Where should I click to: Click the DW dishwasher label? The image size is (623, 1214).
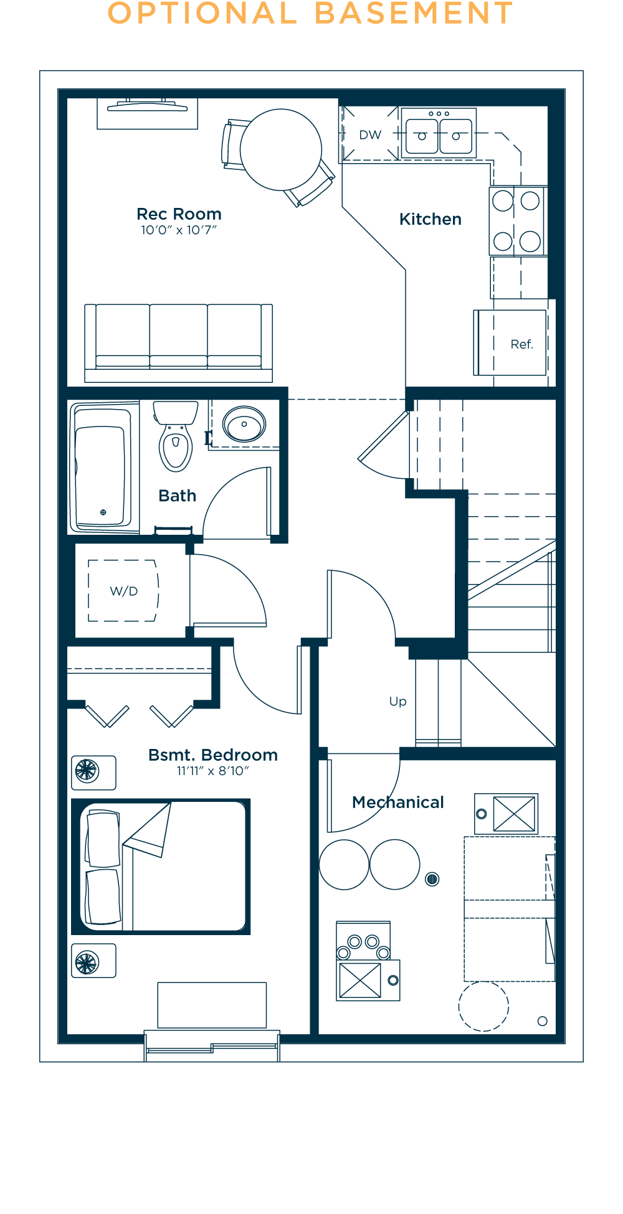370,135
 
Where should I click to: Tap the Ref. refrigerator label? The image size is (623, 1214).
521,344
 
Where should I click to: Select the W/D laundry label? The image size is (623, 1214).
123,591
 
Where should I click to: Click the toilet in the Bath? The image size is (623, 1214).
176,439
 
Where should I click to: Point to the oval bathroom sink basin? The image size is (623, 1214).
244,425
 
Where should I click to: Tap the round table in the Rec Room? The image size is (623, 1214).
281,149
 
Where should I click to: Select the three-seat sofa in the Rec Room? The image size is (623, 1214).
178,342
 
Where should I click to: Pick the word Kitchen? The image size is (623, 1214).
430,219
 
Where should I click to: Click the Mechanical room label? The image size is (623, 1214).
397,802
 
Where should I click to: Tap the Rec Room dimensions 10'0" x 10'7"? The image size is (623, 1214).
178,230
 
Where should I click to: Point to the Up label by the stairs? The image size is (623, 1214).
397,702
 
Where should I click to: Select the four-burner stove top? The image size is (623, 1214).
516,221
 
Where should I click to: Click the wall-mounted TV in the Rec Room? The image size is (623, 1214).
148,106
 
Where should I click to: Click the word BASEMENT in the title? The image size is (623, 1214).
414,14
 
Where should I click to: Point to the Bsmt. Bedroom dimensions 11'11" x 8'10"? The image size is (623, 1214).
212,771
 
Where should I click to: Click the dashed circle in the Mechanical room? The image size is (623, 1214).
483,1006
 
